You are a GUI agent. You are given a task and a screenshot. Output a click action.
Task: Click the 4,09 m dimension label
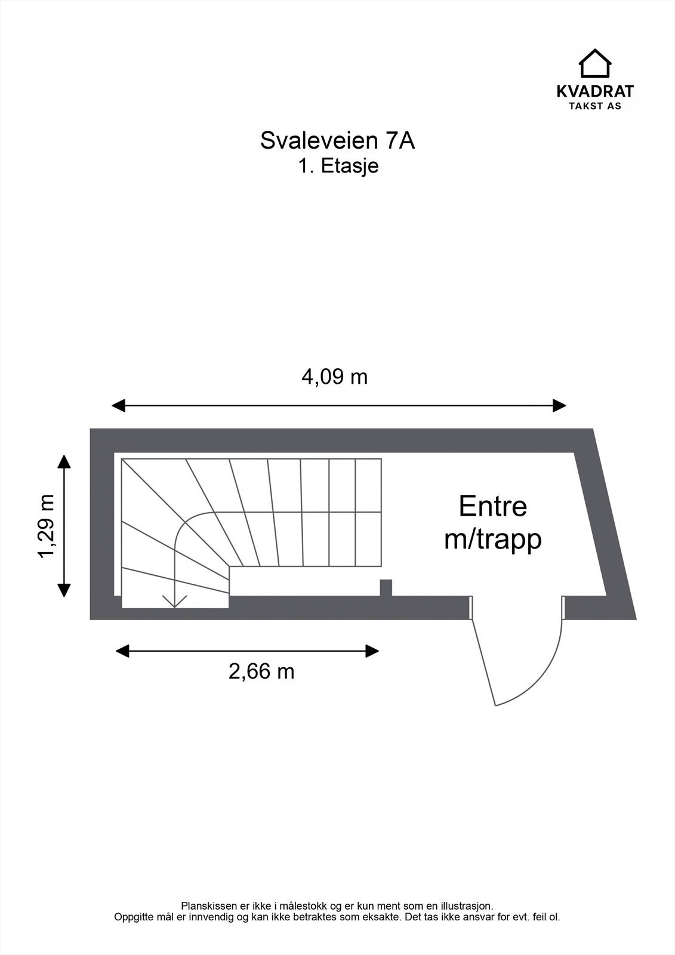pyautogui.click(x=334, y=377)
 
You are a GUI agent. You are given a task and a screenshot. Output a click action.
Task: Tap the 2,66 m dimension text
pyautogui.click(x=261, y=671)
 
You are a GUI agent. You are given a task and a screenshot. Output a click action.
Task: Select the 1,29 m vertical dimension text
pyautogui.click(x=47, y=526)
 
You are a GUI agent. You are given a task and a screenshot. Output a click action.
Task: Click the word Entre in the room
pyautogui.click(x=493, y=506)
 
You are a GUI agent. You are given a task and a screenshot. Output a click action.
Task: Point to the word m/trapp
pyautogui.click(x=493, y=539)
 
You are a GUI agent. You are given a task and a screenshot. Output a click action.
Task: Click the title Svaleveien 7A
pyautogui.click(x=337, y=141)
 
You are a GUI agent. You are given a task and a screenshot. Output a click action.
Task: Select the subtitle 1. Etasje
pyautogui.click(x=338, y=165)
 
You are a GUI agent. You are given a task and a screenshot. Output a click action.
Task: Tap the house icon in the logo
pyautogui.click(x=595, y=63)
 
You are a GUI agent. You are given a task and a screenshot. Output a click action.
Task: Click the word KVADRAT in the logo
pyautogui.click(x=595, y=91)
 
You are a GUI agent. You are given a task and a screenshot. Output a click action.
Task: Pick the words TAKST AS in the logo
pyautogui.click(x=595, y=106)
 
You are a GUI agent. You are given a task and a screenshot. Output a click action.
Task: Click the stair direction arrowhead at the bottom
pyautogui.click(x=174, y=602)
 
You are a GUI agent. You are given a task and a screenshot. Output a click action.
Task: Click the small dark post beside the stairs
pyautogui.click(x=386, y=587)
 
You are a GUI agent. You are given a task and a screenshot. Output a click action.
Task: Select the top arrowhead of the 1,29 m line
pyautogui.click(x=64, y=460)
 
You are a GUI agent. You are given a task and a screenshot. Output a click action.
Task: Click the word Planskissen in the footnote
pyautogui.click(x=205, y=906)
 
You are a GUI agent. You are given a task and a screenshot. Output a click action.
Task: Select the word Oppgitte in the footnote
pyautogui.click(x=131, y=917)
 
